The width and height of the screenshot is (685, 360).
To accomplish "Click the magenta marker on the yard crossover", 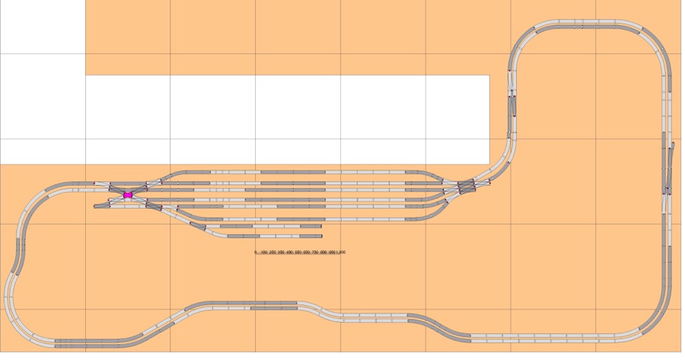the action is click(x=128, y=196).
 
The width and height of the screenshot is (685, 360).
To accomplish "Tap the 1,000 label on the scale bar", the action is click(x=340, y=252).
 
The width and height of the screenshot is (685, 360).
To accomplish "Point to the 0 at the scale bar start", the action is click(x=256, y=252).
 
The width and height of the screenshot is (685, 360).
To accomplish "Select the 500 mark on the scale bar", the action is click(x=298, y=252).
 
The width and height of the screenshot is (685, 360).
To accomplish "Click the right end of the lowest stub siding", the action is click(x=320, y=236).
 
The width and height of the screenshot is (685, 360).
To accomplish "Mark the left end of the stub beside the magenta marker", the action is click(x=96, y=205).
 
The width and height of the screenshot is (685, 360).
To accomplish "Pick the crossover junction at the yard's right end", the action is click(x=465, y=185).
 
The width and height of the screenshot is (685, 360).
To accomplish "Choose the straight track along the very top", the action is click(x=586, y=25).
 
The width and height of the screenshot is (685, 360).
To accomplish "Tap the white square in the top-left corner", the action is click(x=43, y=27).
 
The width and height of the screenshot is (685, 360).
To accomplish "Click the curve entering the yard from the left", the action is click(x=46, y=190).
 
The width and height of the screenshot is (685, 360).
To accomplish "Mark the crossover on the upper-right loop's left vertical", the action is click(x=512, y=103).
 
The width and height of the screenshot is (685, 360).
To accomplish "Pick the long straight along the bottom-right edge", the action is click(x=548, y=336).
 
